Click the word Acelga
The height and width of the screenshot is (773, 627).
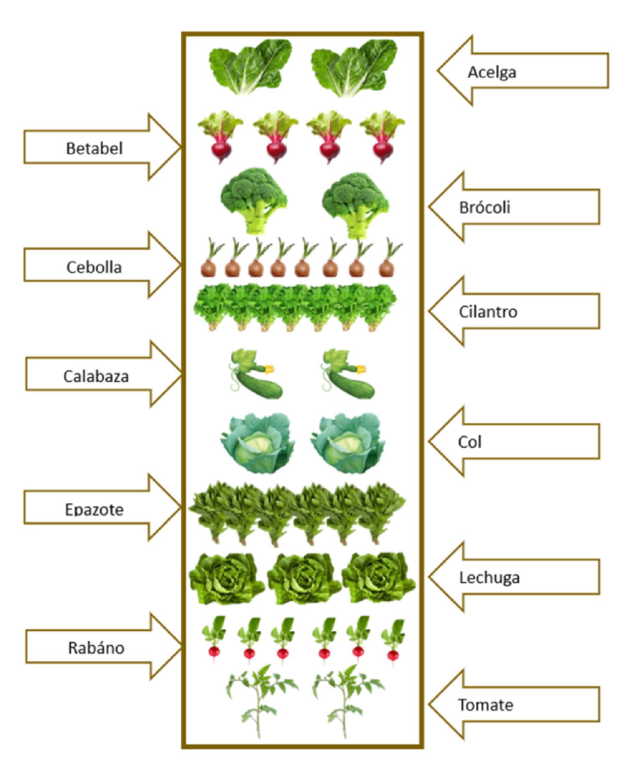[x=492, y=72]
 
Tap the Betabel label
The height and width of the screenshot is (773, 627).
[x=94, y=148]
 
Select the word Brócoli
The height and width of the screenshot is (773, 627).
[x=484, y=207]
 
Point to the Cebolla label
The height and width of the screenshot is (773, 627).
[x=94, y=267]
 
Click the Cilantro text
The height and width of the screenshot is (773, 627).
[x=488, y=312]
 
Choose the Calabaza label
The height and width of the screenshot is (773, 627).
[x=96, y=376]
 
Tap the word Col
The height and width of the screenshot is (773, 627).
[x=469, y=442]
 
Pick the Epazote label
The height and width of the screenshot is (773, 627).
[x=94, y=510]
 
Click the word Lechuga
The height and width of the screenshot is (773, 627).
[x=489, y=578]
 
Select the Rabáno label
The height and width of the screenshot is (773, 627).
[x=96, y=648]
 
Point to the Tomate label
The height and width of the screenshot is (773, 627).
[x=486, y=705]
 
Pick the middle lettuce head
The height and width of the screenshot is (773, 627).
[x=304, y=579]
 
